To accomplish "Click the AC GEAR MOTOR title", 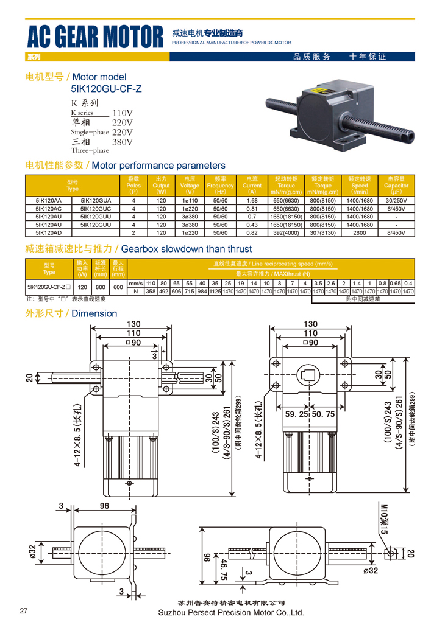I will tap(96, 38).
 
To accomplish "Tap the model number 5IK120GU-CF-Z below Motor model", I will tap(106, 89).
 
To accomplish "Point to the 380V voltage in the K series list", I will tap(122, 142).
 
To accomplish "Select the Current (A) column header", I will tap(252, 185).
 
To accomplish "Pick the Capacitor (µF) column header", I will tap(396, 185).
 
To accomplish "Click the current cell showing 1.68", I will tap(252, 201).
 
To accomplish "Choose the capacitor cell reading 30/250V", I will tap(396, 201).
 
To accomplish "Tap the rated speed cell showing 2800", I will tap(359, 232).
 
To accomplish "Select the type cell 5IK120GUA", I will tap(96, 201).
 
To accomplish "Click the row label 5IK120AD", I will tap(49, 232).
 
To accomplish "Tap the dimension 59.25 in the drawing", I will tap(297, 415).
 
